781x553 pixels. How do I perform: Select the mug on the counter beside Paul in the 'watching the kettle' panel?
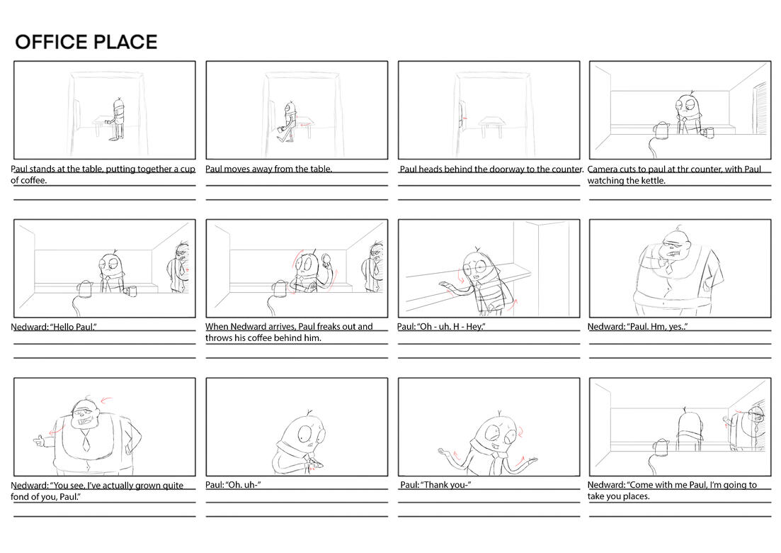coord(708,132)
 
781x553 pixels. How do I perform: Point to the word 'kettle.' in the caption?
coord(653,181)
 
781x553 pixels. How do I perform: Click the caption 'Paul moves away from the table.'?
coord(268,169)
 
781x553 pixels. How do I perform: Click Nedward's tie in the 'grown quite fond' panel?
coord(86,440)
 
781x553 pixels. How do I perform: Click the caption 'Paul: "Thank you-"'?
coord(435,485)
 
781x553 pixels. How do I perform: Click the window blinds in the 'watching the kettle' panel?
coord(760,108)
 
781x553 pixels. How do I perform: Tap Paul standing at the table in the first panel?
coord(118,118)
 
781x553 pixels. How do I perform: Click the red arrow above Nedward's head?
coord(107,399)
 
